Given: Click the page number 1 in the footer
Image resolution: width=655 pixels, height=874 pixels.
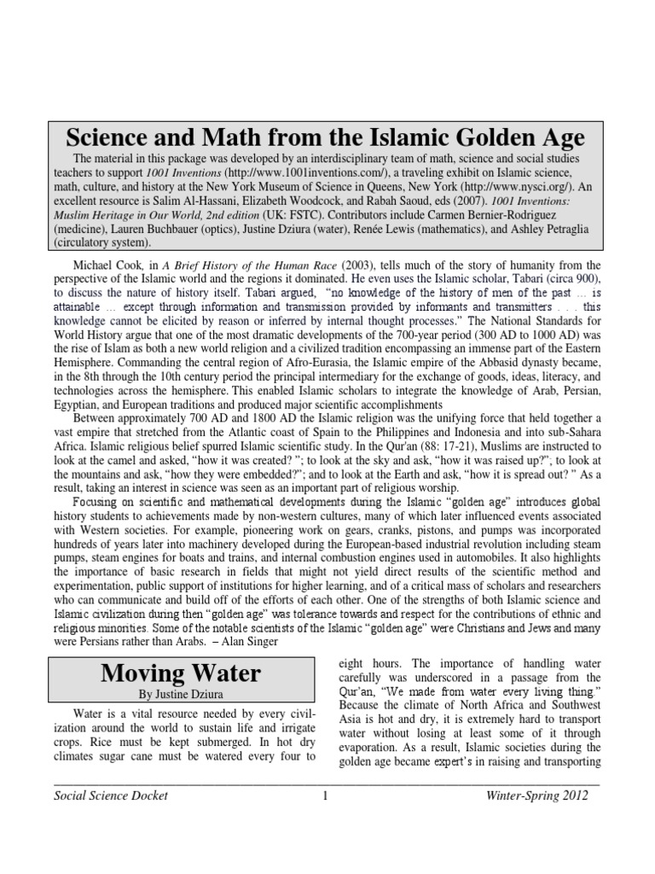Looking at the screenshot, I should pyautogui.click(x=325, y=795).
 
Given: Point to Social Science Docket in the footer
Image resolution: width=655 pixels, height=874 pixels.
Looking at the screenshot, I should pyautogui.click(x=111, y=795).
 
